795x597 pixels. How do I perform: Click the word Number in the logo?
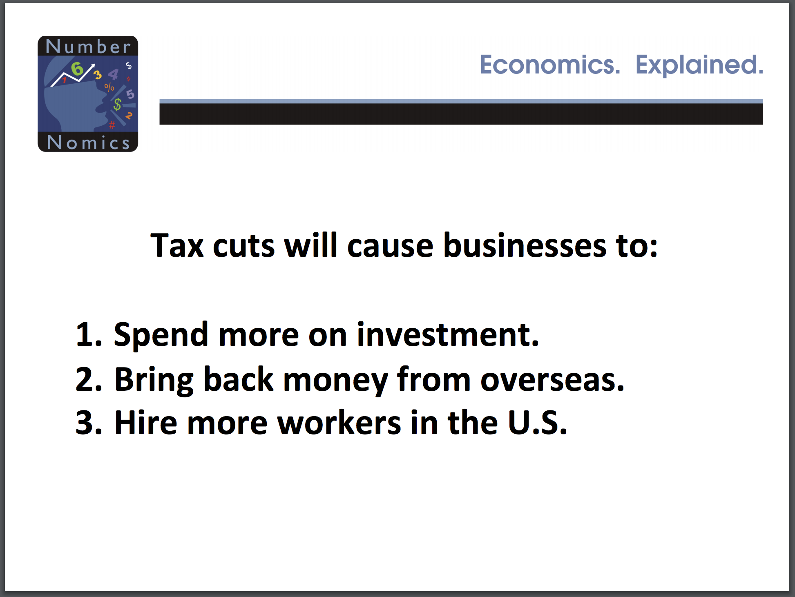[88, 47]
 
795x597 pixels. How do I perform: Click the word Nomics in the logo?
[88, 143]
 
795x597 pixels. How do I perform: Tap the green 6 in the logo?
[77, 69]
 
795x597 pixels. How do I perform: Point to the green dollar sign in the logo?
[117, 105]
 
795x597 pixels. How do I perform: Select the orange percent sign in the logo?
[109, 87]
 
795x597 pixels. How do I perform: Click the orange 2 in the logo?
[129, 116]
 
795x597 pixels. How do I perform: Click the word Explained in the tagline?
[699, 65]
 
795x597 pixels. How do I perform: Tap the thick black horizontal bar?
[461, 114]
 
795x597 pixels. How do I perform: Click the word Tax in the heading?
[177, 245]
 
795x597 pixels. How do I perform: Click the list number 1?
[88, 334]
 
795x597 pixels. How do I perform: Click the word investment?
[448, 334]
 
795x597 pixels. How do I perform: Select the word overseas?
[552, 380]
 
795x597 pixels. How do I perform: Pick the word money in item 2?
[335, 381]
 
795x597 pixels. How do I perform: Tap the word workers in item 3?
[339, 422]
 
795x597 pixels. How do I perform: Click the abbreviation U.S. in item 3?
[538, 423]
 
